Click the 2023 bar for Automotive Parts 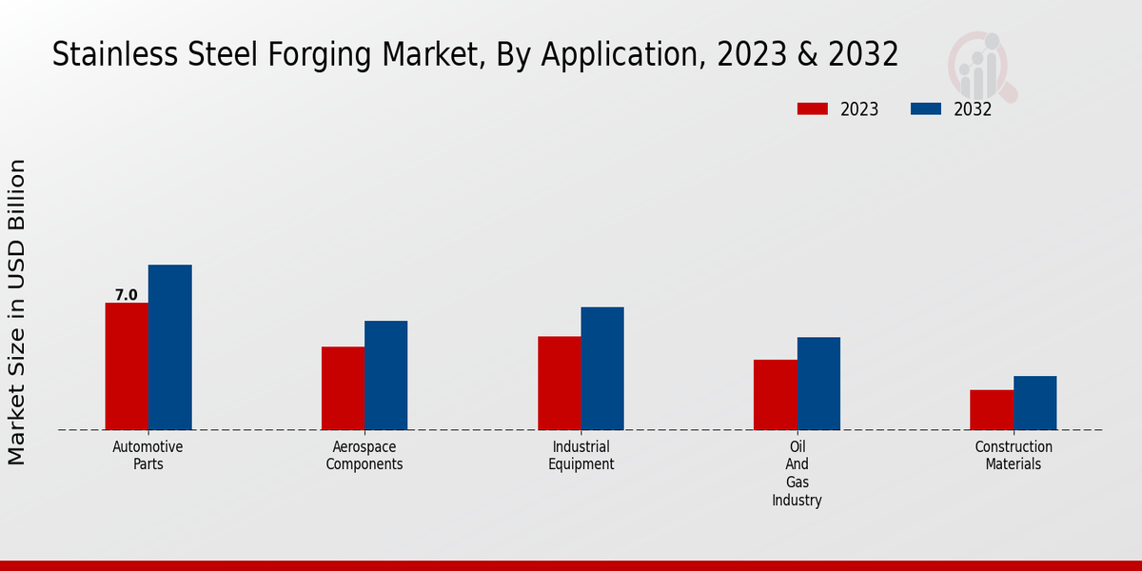pos(127,366)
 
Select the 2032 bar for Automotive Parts pos(169,347)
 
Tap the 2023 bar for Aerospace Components pos(343,388)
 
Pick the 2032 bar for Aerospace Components pos(385,375)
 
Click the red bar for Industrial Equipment pos(559,383)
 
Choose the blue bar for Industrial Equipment pos(602,368)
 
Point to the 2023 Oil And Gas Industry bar pos(775,395)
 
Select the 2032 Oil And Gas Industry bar pos(818,384)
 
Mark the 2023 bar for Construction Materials pos(992,410)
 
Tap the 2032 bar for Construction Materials pos(1034,403)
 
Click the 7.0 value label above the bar pos(127,295)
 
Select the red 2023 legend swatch pos(812,108)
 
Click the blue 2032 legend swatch pos(926,108)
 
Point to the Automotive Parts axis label pos(148,456)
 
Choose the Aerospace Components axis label pos(364,456)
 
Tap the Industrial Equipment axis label pos(581,456)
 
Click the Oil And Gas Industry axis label pos(797,473)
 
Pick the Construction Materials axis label pos(1014,456)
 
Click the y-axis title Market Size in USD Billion pos(17,312)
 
